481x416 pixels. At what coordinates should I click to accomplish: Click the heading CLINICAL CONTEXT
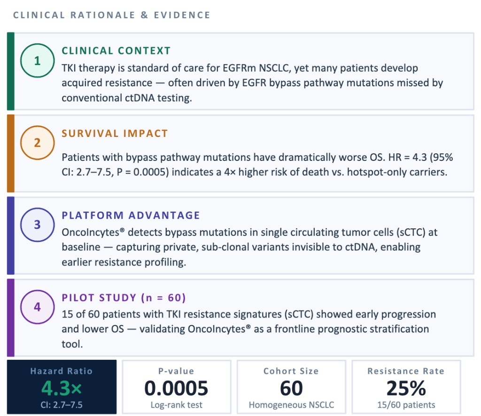point(116,51)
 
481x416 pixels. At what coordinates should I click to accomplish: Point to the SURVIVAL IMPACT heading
point(115,133)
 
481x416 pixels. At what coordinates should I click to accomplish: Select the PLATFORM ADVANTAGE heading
point(131,215)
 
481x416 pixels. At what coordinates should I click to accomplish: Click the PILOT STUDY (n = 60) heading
point(124,298)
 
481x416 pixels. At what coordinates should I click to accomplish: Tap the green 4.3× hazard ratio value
point(62,388)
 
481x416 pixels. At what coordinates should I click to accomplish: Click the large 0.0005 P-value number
point(177,388)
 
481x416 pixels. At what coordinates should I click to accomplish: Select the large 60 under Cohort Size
point(291,388)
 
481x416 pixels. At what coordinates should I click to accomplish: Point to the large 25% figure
point(406,388)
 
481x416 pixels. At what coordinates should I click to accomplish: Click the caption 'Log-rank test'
point(177,405)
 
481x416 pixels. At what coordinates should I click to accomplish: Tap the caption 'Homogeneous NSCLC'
point(291,405)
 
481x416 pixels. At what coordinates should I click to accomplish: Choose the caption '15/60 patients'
point(406,405)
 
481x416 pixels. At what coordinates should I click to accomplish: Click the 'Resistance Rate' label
point(406,371)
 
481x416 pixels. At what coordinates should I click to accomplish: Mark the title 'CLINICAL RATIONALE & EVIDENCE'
point(112,15)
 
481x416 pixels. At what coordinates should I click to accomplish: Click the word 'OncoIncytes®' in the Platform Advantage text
point(93,233)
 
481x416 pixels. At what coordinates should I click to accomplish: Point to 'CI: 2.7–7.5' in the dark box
point(62,405)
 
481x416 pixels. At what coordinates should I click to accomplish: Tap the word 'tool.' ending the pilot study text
point(72,344)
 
